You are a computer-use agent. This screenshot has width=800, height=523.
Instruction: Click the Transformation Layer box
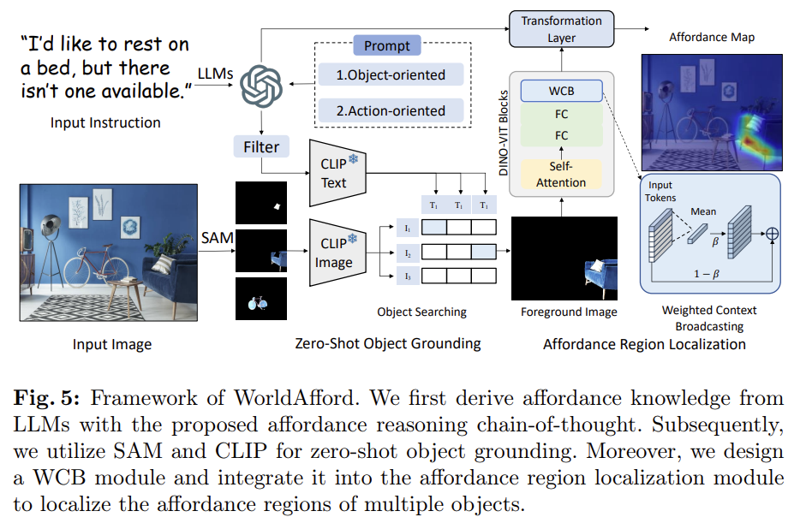pos(561,30)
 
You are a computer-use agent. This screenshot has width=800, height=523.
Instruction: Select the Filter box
pos(261,146)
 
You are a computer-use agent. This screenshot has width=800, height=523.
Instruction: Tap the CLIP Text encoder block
pos(334,174)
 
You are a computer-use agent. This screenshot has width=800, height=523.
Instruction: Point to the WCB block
pos(561,90)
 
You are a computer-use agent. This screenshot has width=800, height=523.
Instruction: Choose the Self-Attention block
pos(561,174)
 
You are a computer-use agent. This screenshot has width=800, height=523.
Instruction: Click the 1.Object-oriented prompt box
pos(391,74)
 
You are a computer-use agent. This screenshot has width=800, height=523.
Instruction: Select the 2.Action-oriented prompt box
pos(391,110)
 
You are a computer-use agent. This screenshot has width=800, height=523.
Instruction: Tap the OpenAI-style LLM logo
pos(260,86)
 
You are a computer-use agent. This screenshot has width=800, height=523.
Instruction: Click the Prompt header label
pos(387,45)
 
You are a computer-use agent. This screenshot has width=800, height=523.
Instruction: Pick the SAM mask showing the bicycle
pos(261,298)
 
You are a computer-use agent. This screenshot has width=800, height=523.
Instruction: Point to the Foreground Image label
pos(569,312)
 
